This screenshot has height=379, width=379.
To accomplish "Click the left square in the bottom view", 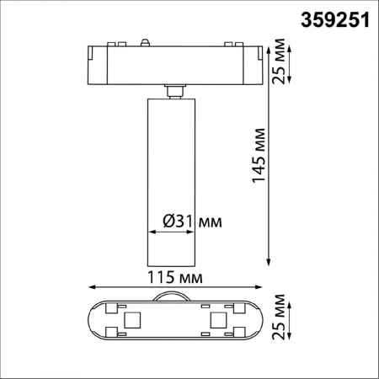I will tap(131, 320).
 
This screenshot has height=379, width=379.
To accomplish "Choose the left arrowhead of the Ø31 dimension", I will tap(150, 231).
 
